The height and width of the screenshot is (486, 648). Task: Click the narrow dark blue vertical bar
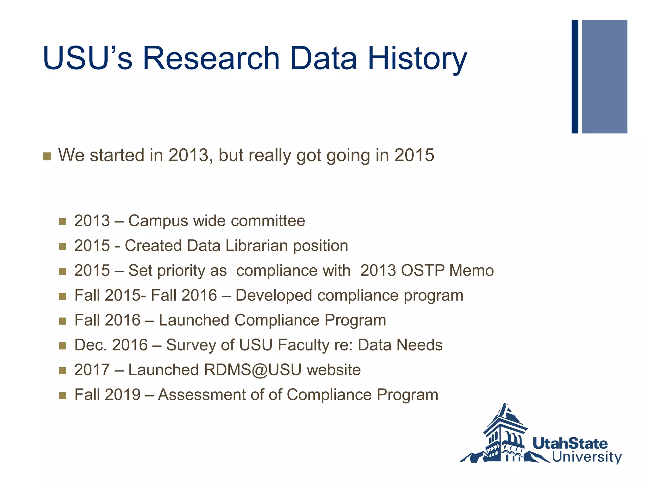click(575, 77)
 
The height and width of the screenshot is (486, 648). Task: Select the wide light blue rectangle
click(604, 77)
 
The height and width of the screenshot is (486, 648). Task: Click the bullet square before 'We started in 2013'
click(47, 156)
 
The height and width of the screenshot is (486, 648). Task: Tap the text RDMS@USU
click(252, 370)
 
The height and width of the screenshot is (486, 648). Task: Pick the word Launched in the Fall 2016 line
click(194, 320)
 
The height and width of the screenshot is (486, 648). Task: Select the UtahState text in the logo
click(570, 444)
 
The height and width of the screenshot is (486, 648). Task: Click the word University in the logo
click(587, 457)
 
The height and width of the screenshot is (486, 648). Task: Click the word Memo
click(471, 271)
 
